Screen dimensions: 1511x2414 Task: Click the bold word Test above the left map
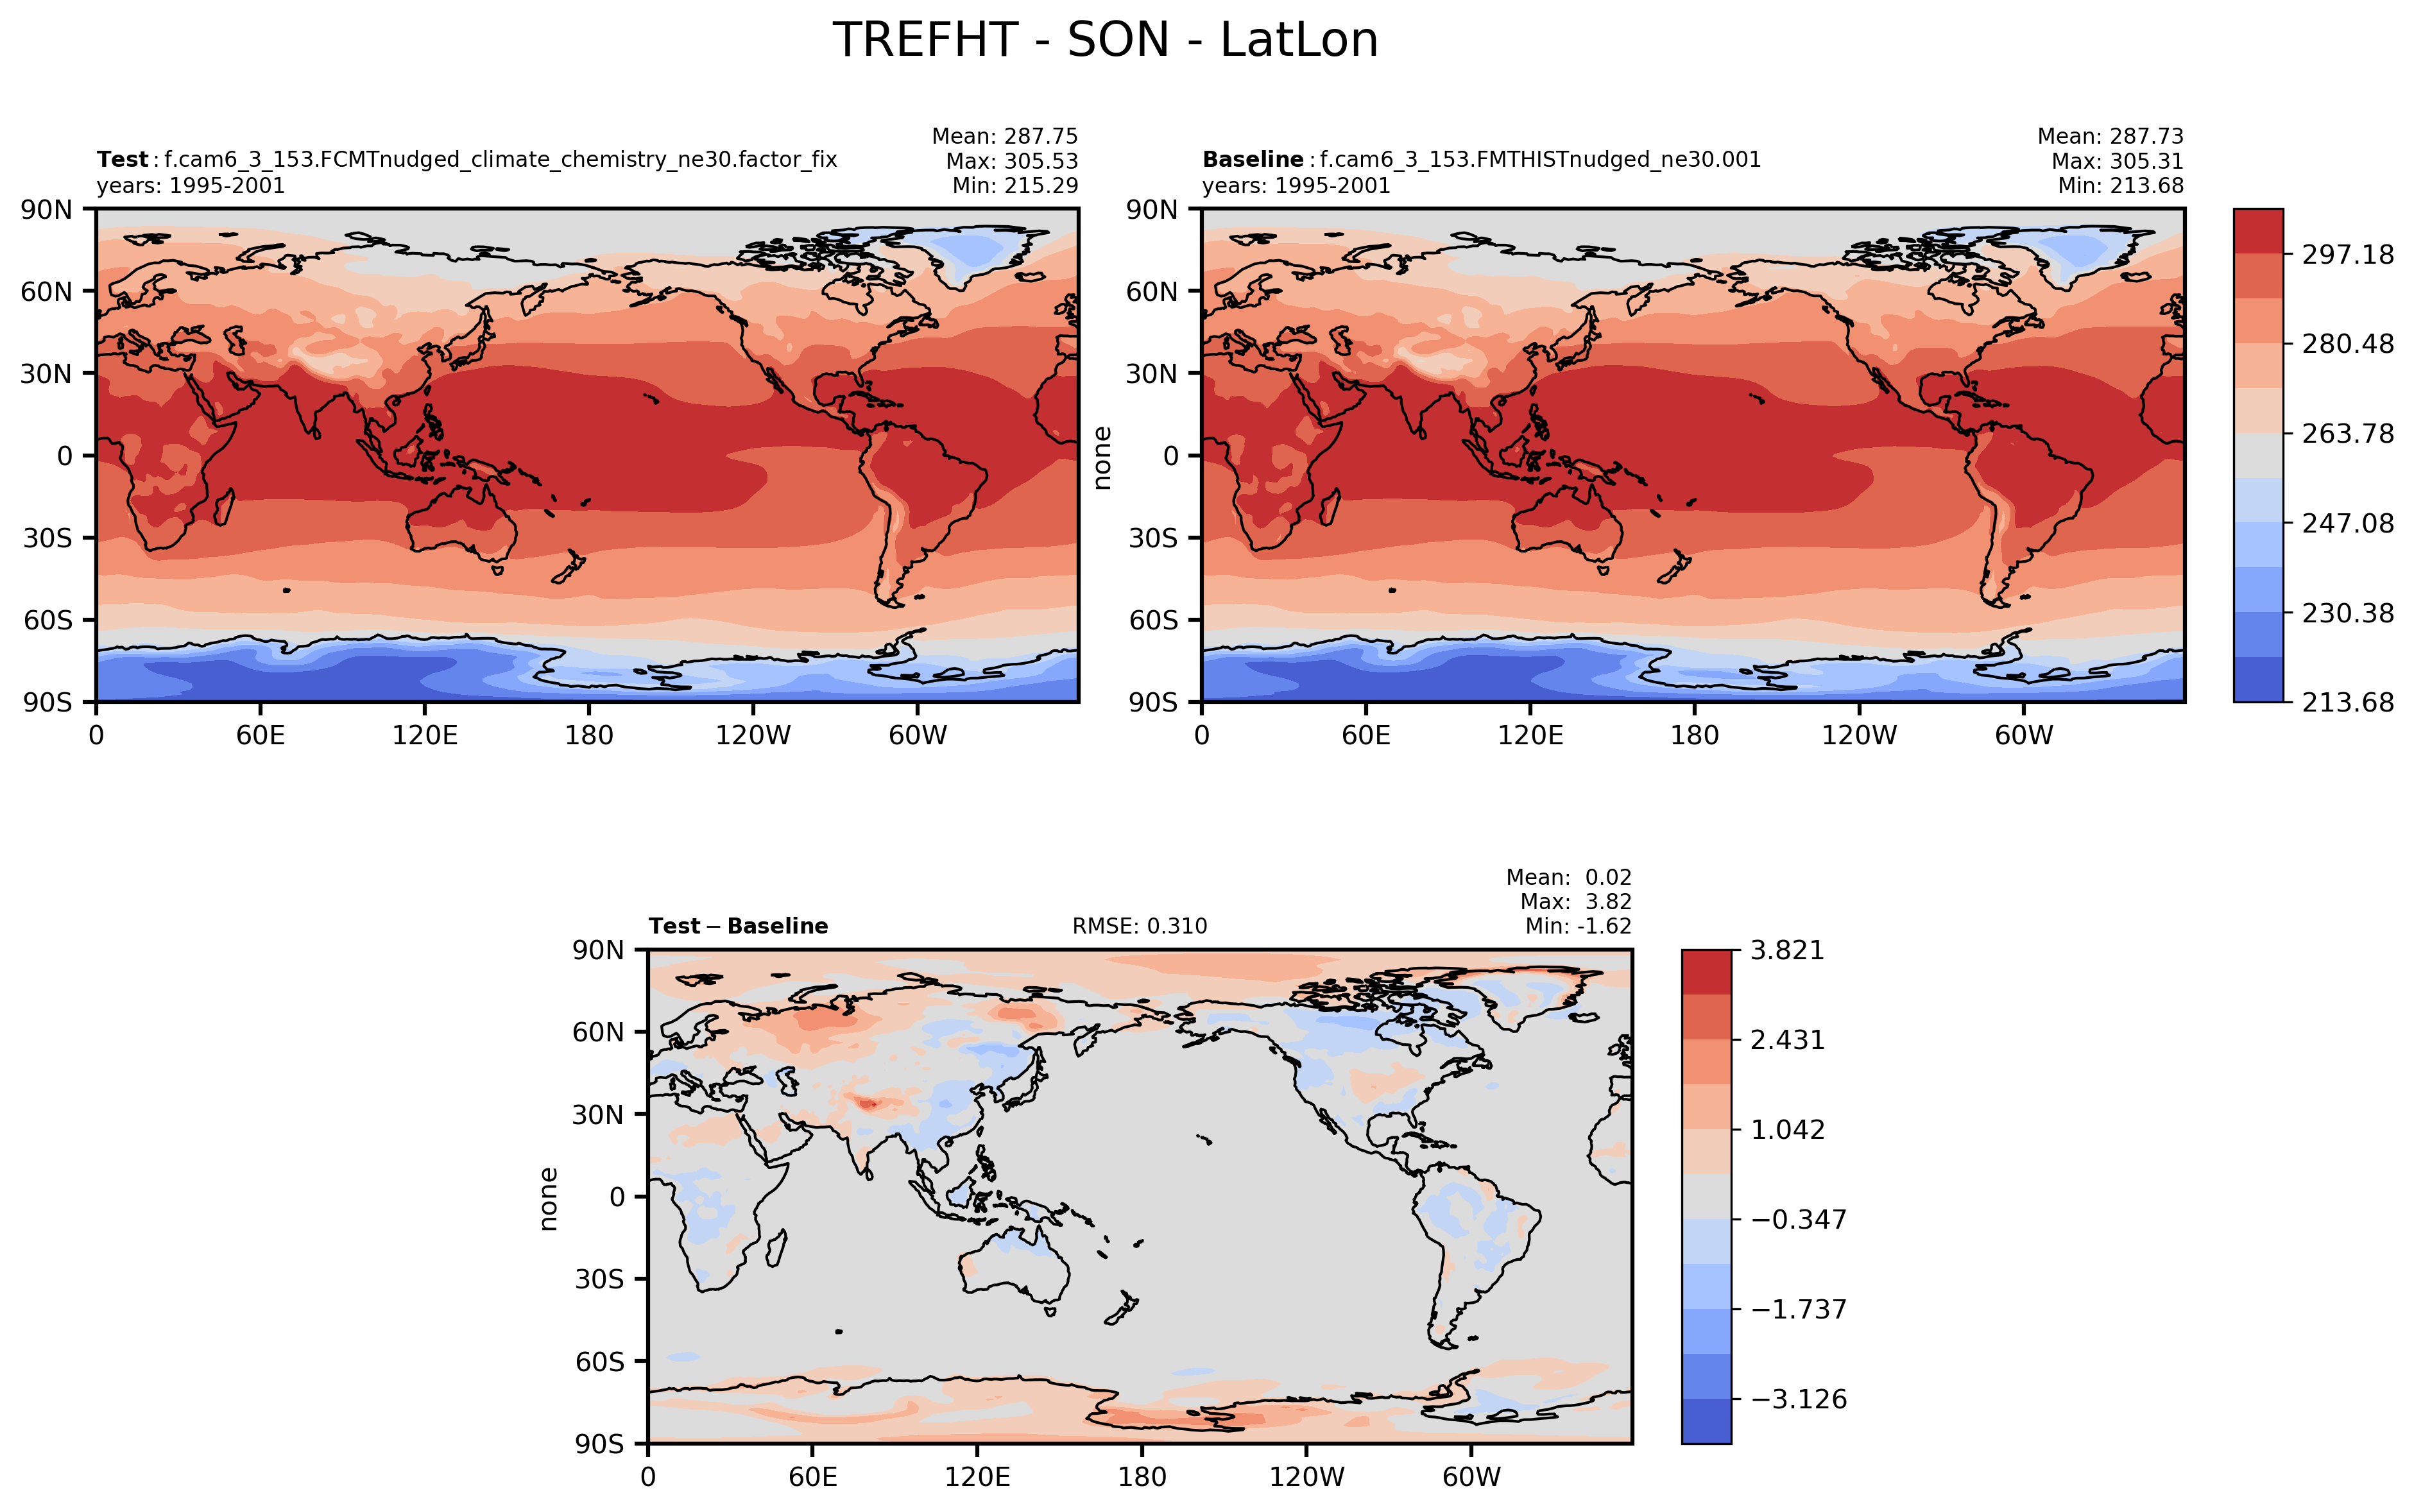coord(122,160)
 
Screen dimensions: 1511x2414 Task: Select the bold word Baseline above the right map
coord(1252,160)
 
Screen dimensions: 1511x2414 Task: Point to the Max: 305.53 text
coord(1011,161)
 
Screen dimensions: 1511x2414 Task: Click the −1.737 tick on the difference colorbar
coord(1799,1309)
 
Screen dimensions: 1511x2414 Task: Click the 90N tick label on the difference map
coord(597,950)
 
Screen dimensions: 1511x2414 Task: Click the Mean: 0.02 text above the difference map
coord(1569,878)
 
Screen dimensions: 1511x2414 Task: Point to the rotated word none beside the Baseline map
coord(1102,457)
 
